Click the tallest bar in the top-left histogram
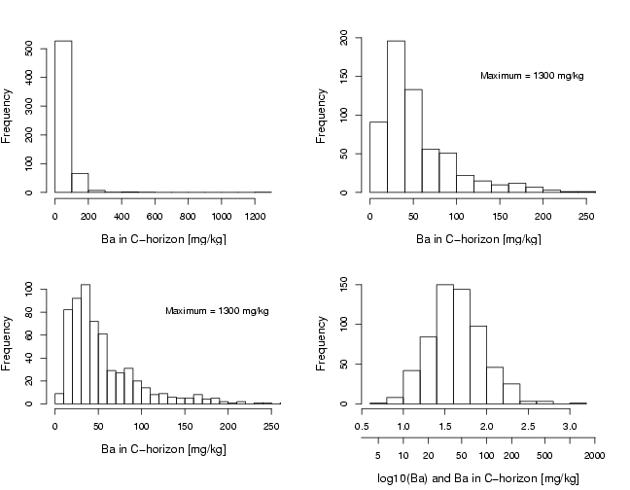tap(63, 117)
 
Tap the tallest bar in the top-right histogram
tap(396, 117)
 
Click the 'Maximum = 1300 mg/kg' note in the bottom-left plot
tap(217, 311)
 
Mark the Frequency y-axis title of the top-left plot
tap(8, 117)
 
